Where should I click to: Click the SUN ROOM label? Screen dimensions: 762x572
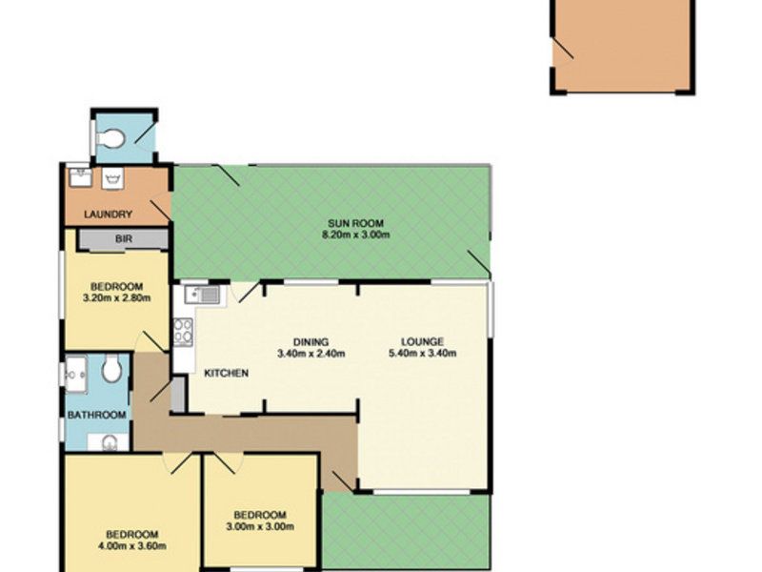355,224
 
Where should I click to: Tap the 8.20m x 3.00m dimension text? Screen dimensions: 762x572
355,235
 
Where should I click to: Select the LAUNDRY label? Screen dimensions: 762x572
108,214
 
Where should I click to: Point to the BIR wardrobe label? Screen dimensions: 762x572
124,239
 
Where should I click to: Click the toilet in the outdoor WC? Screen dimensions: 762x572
110,138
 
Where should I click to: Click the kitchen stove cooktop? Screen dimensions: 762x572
183,332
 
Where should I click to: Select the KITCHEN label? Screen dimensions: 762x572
226,374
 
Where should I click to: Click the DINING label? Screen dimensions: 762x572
311,342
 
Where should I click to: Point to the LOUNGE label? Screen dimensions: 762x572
422,342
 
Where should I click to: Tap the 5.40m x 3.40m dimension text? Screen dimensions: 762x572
422,353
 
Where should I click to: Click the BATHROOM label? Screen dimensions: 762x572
97,415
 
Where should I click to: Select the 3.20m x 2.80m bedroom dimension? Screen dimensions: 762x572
116,298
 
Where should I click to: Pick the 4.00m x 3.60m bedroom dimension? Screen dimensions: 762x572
132,546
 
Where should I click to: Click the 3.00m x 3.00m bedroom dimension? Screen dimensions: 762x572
260,526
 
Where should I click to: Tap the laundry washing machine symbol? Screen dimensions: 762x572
112,178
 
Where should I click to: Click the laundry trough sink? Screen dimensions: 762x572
80,177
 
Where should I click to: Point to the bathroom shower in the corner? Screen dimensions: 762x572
76,375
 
